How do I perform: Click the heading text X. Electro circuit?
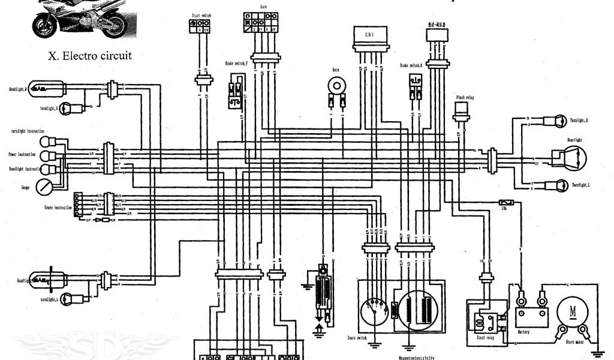[x=90, y=56]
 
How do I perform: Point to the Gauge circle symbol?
[x=43, y=187]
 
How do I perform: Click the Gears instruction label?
[x=58, y=207]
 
